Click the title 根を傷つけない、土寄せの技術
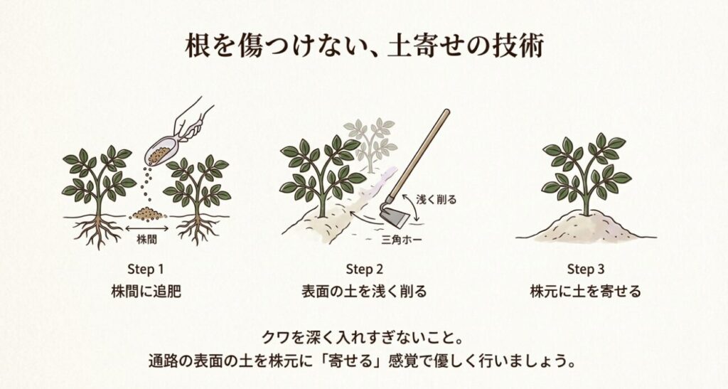coord(364,46)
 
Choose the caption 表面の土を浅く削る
coord(364,292)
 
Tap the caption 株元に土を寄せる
coord(585,292)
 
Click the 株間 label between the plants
coord(146,240)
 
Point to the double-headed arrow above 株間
coord(146,228)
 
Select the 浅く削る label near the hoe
coord(436,200)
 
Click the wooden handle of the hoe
coord(422,149)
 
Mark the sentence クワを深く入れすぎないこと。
coord(364,335)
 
